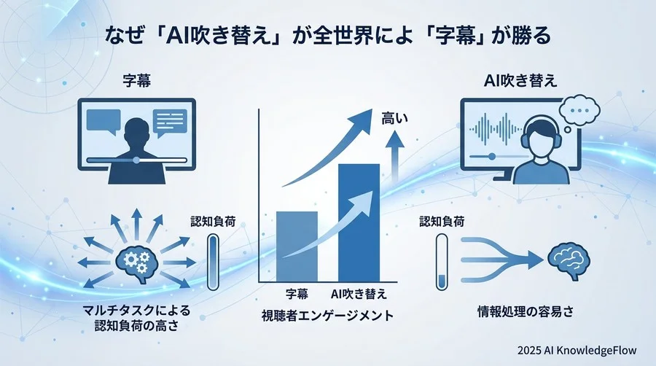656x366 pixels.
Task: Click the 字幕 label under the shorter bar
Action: (297, 295)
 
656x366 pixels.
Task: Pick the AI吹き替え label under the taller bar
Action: (359, 295)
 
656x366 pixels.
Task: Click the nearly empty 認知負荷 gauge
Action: (442, 261)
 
